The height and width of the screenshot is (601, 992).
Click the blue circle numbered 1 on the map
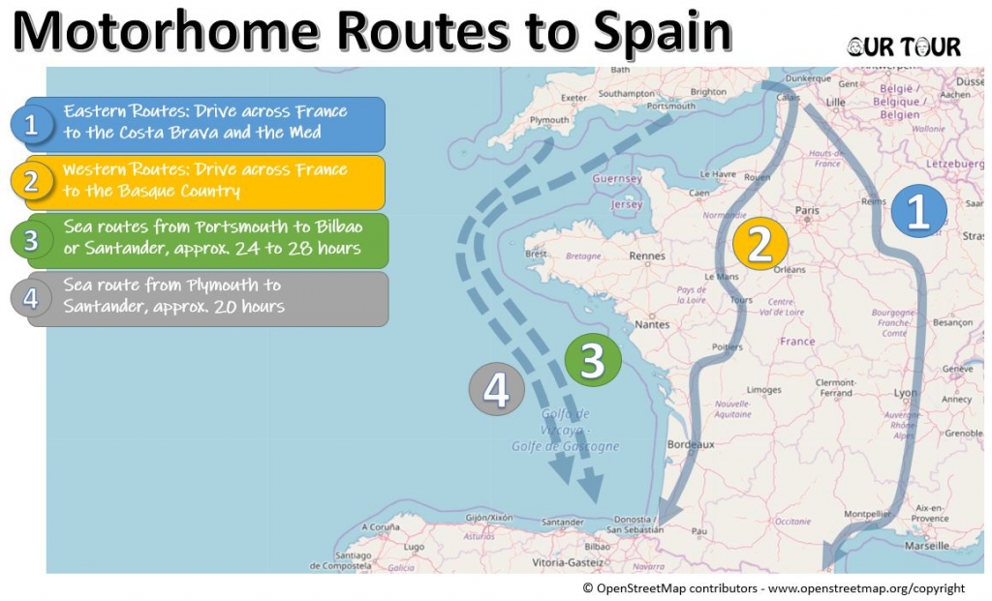point(918,212)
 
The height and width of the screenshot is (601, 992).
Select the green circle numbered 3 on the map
point(593,360)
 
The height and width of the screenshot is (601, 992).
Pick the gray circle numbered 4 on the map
point(496,390)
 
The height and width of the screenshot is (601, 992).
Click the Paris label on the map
point(806,210)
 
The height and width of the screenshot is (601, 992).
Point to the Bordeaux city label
point(691,444)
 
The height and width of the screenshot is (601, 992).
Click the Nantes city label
point(653,325)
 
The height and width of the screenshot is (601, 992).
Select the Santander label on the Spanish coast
point(563,523)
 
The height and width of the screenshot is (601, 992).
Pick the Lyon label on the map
point(905,393)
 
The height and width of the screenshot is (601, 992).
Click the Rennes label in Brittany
point(646,256)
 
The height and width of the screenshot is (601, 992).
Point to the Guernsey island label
point(617,179)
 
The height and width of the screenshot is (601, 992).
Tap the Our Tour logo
point(904,46)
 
